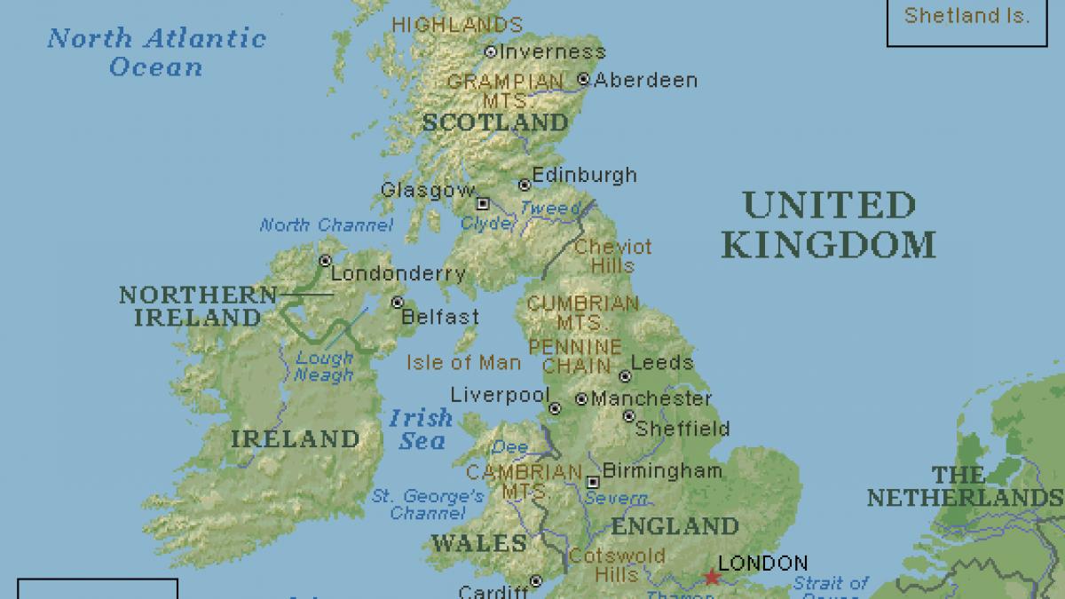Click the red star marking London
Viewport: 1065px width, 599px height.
pos(712,578)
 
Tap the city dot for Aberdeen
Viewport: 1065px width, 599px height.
pos(583,79)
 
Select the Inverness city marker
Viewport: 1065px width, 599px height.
pos(490,52)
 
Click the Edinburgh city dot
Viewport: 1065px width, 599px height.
pos(525,185)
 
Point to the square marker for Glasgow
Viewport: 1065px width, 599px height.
pos(483,203)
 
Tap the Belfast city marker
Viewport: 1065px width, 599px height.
pos(397,303)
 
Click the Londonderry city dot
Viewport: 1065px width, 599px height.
pos(325,261)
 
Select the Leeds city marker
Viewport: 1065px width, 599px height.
pos(625,375)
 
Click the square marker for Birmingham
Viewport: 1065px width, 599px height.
pos(593,483)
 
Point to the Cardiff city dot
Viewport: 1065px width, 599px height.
pos(535,581)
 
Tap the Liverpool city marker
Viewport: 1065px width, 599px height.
pos(555,409)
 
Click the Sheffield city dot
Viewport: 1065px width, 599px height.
pos(628,416)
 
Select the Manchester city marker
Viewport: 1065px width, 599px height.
pos(581,398)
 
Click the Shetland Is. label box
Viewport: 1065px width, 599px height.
pos(966,18)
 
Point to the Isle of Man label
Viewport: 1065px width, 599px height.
pos(464,362)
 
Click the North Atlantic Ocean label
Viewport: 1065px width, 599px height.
pos(156,51)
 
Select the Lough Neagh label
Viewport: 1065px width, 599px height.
pos(324,366)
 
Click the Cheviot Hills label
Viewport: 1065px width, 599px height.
pos(612,256)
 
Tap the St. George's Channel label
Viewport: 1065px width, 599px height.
pos(428,504)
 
